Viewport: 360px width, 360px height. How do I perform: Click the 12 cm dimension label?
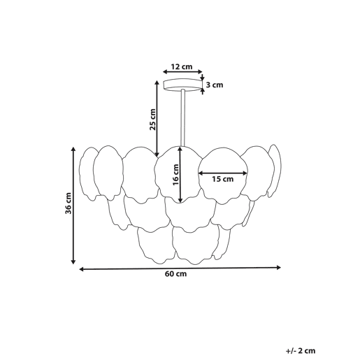click(x=182, y=66)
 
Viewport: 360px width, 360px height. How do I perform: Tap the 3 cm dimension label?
click(x=215, y=85)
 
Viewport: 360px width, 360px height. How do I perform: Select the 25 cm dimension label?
click(x=152, y=120)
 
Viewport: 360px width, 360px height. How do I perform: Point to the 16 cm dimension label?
click(x=175, y=175)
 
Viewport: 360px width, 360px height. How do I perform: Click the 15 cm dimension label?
click(x=222, y=179)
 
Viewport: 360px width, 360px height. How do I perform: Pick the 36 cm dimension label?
click(x=69, y=203)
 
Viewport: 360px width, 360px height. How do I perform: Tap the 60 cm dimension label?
click(x=175, y=273)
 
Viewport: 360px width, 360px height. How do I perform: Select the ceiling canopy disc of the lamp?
click(x=182, y=85)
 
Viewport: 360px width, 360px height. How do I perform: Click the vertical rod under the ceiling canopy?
click(x=183, y=118)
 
